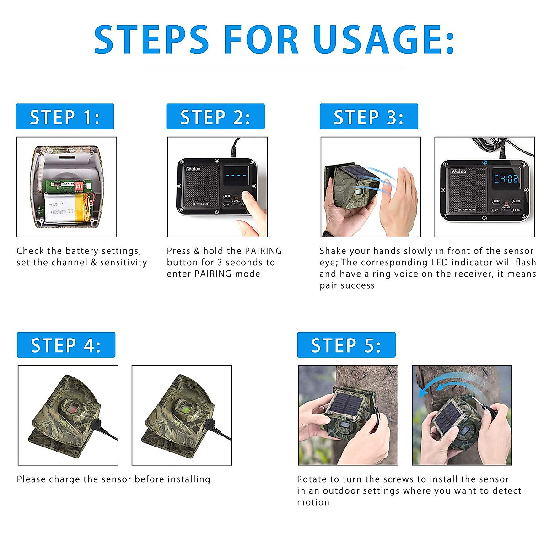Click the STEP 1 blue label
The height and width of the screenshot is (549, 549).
[x=65, y=117]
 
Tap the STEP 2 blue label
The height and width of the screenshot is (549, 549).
[x=215, y=117]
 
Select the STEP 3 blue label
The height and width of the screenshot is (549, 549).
[x=368, y=117]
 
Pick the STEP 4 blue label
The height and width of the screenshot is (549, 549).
[x=66, y=345]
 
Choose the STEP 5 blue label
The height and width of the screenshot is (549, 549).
[x=346, y=345]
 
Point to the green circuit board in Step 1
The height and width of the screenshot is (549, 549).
[x=64, y=187]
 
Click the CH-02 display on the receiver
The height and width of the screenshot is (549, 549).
[x=506, y=178]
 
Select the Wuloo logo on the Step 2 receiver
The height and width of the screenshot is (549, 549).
[x=193, y=169]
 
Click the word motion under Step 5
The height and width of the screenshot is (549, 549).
[x=313, y=502]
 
